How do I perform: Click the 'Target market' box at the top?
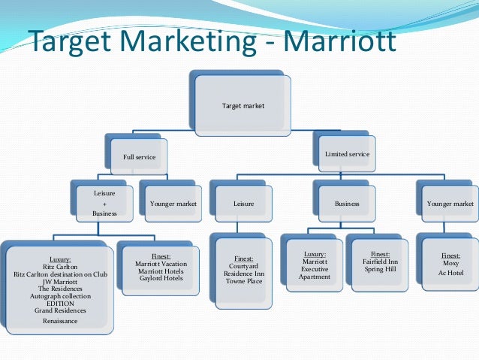pos(243,106)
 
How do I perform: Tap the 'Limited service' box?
pos(346,154)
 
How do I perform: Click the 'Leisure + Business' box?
pos(104,203)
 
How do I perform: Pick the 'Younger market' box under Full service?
pos(172,203)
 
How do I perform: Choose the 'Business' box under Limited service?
pos(347,203)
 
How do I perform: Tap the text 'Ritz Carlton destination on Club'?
pos(61,275)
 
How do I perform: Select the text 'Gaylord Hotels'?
pos(161,279)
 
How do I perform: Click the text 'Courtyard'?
pos(245,265)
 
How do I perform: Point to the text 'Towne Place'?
pos(245,281)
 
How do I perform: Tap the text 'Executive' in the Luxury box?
pos(315,269)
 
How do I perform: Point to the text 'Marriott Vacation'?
pos(161,264)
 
